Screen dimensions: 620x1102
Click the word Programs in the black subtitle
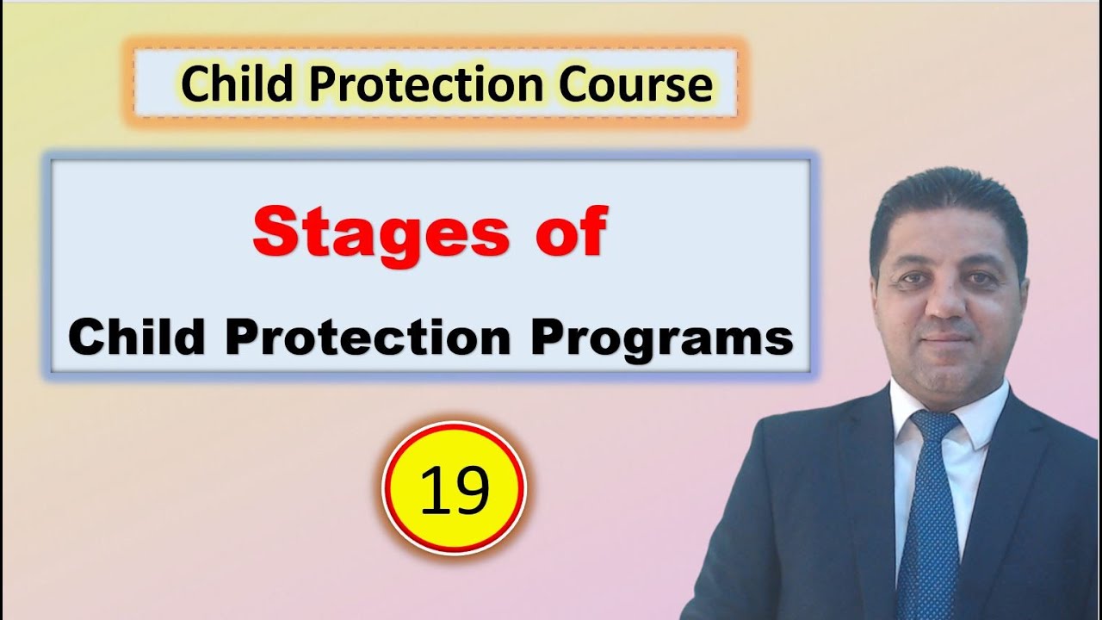pyautogui.click(x=660, y=338)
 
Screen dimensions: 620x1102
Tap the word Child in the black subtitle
pyautogui.click(x=138, y=337)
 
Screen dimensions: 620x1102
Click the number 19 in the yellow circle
pyautogui.click(x=454, y=489)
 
